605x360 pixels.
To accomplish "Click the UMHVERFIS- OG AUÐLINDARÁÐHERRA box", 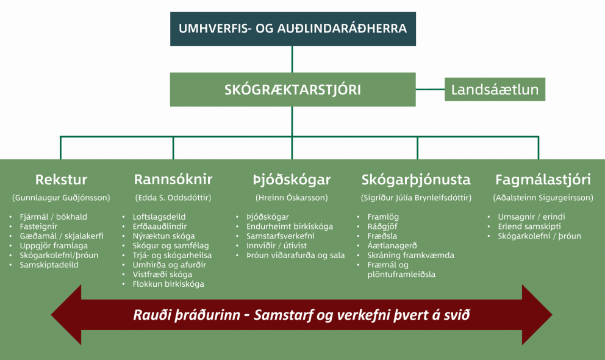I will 293,29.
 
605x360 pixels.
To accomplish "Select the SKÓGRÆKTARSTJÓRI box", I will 293,90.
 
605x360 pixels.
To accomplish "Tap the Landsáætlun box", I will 495,90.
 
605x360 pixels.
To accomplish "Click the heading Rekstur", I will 61,179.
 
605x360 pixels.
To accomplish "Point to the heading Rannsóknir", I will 173,179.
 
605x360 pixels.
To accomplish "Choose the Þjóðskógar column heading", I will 292,179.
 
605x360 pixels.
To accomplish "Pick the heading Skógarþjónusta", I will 416,179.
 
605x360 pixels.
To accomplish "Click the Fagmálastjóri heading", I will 543,179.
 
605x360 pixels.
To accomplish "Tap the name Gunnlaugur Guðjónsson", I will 61,198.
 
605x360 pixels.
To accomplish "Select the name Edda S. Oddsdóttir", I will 173,198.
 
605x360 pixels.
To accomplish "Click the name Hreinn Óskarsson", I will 292,198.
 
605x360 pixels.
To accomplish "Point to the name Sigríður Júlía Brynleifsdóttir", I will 417,198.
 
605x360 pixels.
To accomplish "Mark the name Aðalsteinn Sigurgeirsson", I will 543,198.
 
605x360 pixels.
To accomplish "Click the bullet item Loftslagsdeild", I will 159,217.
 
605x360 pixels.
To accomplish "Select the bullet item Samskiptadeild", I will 49,265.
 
